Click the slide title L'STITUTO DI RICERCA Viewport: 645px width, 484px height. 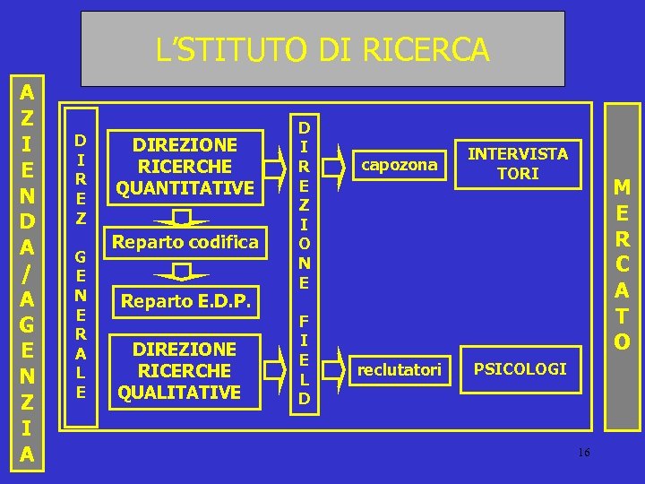(322, 49)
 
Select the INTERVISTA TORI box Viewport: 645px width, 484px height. (518, 163)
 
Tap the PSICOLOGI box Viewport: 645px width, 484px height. (520, 368)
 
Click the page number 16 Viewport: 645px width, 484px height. (583, 452)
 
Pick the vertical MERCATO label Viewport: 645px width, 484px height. (622, 264)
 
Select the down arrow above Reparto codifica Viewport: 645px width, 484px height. (183, 219)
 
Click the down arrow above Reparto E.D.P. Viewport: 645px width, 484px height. (183, 272)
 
